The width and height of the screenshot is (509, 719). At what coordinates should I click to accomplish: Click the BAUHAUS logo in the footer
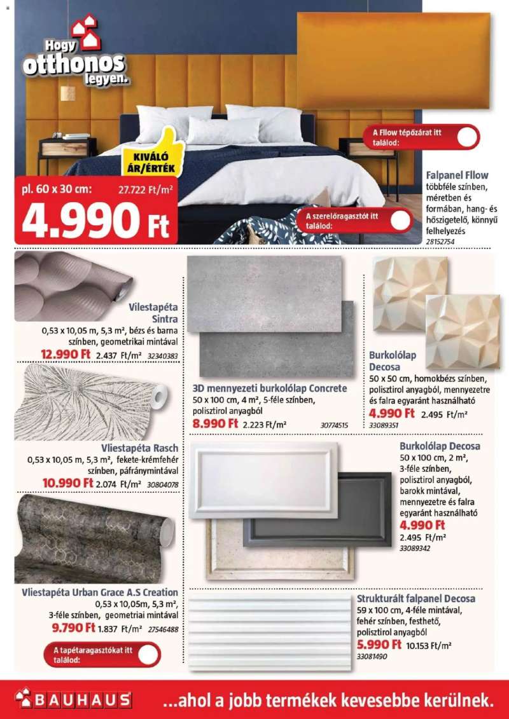(x=73, y=700)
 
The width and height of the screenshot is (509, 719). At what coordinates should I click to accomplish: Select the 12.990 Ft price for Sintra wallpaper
(x=66, y=354)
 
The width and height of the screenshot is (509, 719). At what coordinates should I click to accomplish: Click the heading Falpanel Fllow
(x=457, y=175)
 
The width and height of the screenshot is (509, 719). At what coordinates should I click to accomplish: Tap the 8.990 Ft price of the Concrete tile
(x=216, y=423)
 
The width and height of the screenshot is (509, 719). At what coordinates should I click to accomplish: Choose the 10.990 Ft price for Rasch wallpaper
(x=68, y=483)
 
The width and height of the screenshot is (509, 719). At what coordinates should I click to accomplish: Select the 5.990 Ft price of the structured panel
(x=379, y=644)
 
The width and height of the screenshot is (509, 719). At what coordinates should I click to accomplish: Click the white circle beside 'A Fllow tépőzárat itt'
(x=468, y=137)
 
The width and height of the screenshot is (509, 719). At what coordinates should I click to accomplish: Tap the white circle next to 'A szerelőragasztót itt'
(x=401, y=221)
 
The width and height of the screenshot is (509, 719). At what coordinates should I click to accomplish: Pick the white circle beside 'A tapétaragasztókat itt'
(x=148, y=654)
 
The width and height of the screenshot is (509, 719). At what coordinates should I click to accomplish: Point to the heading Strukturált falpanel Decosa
(x=416, y=599)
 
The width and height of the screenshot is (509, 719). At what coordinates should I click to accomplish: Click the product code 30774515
(x=334, y=425)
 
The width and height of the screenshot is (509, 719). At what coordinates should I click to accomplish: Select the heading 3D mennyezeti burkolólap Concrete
(x=270, y=388)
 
